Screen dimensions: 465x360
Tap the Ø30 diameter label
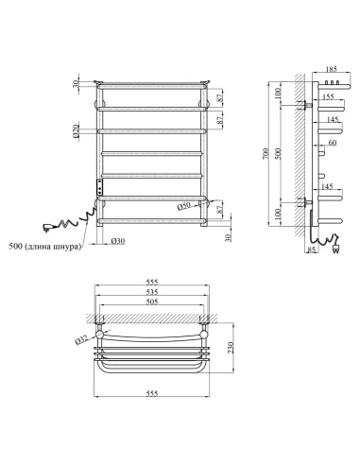coord(119,240)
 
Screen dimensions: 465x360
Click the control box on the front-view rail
coord(96,185)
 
